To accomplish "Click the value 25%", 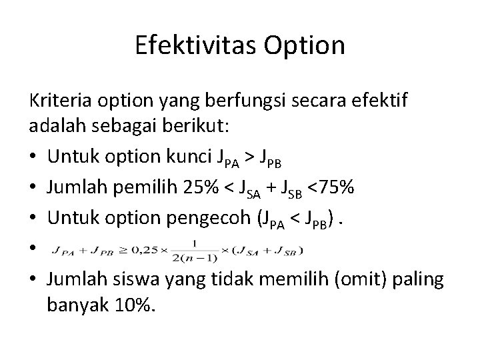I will pos(198,189).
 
